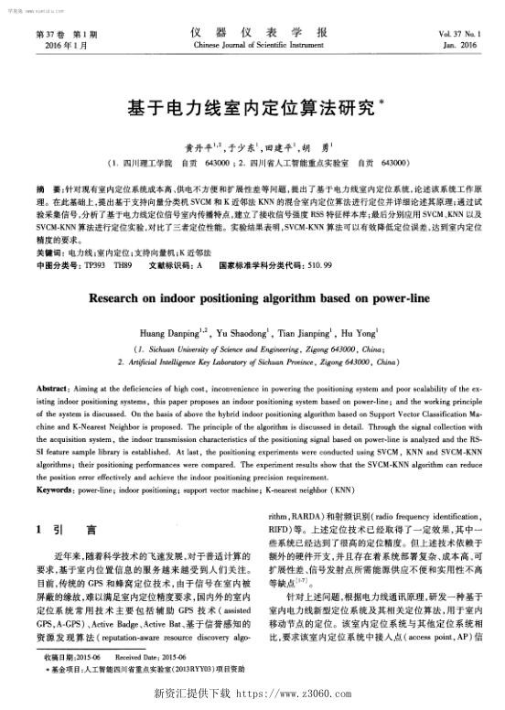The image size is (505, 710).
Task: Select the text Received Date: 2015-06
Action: point(152,658)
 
